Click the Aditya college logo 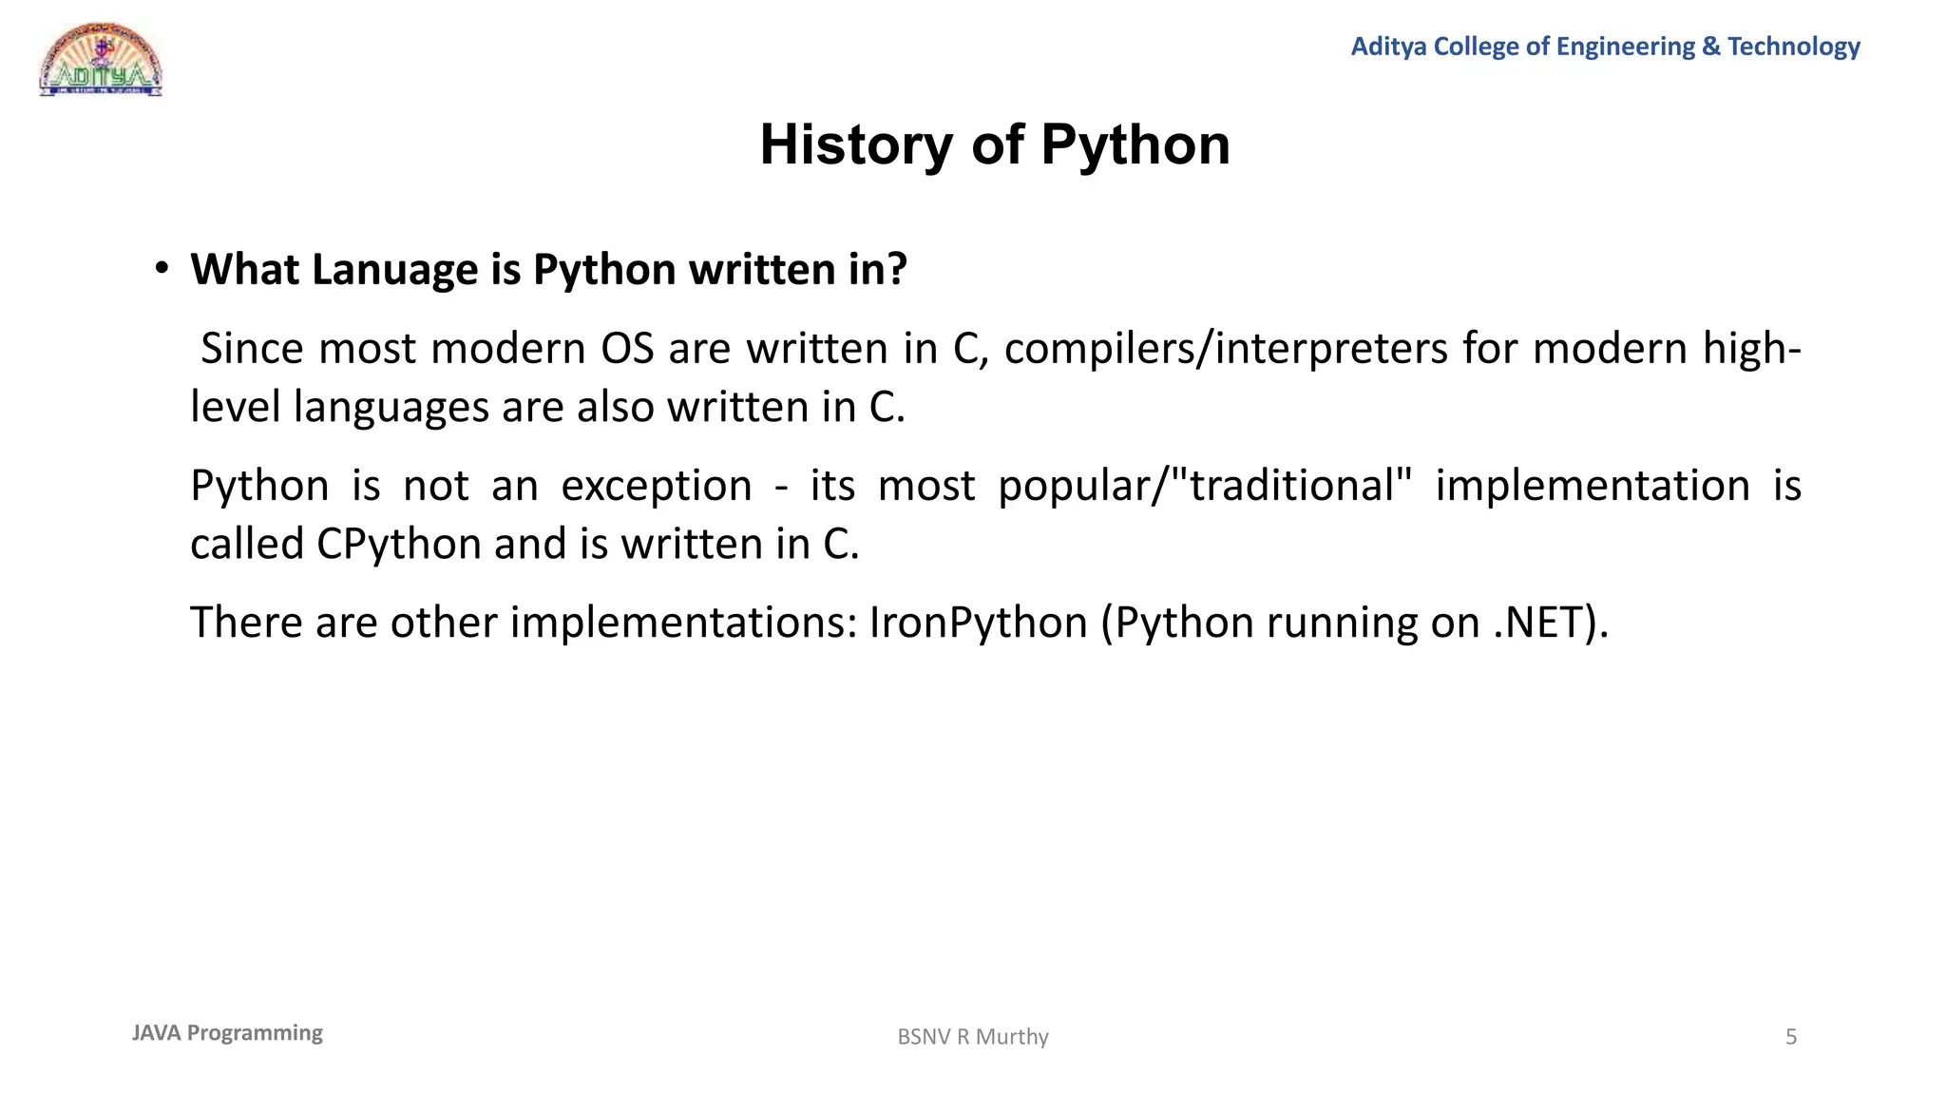coord(101,60)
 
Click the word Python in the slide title coord(1135,145)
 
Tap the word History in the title coord(855,145)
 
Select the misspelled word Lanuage coord(394,270)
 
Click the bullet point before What coord(162,269)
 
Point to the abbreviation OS coord(627,349)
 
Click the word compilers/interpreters coord(1226,349)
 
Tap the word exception coord(656,486)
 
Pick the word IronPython coord(978,623)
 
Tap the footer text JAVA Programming coord(227,1033)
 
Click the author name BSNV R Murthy coord(973,1037)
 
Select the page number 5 coord(1791,1037)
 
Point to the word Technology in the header coord(1794,47)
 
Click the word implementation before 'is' coord(1593,486)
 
